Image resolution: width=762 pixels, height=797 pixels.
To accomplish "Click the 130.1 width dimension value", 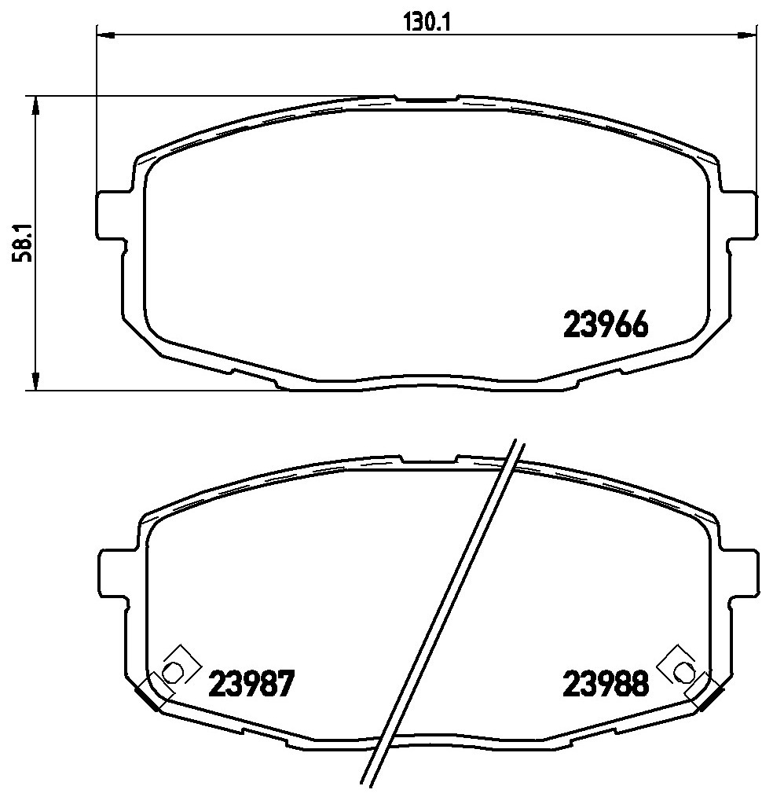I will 427,23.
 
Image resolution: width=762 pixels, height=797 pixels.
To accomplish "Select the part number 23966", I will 605,325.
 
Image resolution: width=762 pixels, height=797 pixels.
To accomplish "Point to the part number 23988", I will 605,684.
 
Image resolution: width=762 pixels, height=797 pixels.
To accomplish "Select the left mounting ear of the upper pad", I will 110,214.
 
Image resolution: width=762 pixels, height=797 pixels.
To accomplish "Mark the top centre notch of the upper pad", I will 427,100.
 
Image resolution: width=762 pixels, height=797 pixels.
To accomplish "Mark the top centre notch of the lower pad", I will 428,458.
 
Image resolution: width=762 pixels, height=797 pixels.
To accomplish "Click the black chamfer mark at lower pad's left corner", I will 147,696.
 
